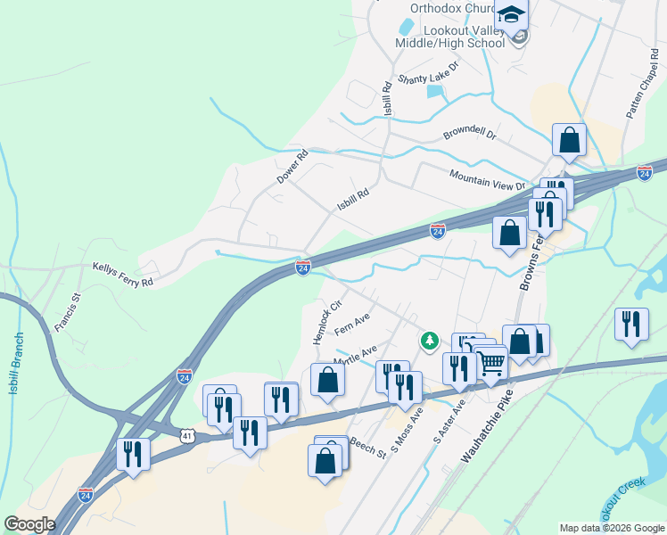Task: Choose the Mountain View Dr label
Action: pos(489,180)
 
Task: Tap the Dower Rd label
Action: pos(292,167)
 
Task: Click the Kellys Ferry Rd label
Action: pos(123,274)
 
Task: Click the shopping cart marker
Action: pos(491,363)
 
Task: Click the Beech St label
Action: pos(367,447)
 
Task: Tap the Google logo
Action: pos(29,523)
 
